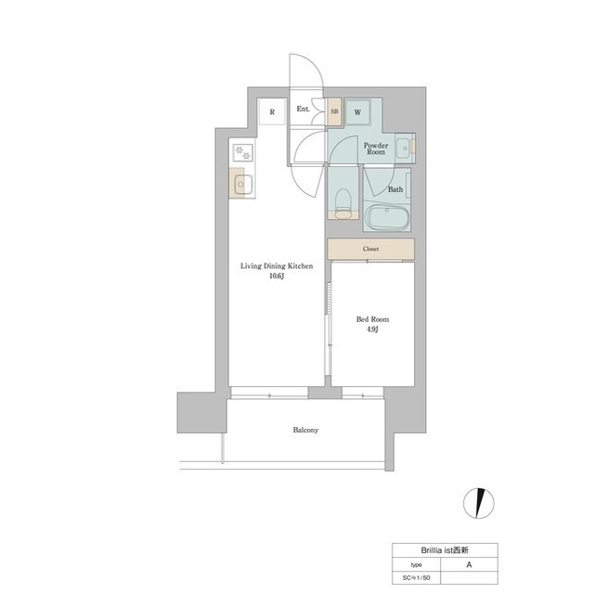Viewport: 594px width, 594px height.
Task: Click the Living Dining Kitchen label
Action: [x=277, y=266]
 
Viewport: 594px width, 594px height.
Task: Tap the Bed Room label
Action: [x=372, y=319]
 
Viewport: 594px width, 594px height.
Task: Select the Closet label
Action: [x=370, y=249]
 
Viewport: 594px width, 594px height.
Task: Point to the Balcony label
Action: [x=305, y=430]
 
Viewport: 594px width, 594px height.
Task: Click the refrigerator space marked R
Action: [x=272, y=111]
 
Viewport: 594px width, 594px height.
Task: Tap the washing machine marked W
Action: [x=357, y=112]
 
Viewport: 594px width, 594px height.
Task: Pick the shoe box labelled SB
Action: [x=334, y=111]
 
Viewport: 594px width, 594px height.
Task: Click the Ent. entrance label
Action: [x=303, y=110]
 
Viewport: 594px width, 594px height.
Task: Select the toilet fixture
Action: [x=343, y=202]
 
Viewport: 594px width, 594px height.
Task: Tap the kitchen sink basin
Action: [x=242, y=185]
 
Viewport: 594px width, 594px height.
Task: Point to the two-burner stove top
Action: [x=242, y=152]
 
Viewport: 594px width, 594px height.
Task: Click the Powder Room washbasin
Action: [x=405, y=147]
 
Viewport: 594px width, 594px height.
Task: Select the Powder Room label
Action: [x=376, y=148]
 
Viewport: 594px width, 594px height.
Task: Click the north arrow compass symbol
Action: [x=479, y=503]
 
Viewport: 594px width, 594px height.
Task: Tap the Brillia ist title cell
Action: [x=445, y=550]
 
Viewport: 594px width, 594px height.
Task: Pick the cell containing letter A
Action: [x=469, y=564]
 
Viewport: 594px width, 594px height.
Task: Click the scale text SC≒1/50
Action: [x=417, y=578]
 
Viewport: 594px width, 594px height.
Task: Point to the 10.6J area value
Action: [x=277, y=277]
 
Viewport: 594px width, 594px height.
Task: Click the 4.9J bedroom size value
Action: [x=372, y=329]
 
